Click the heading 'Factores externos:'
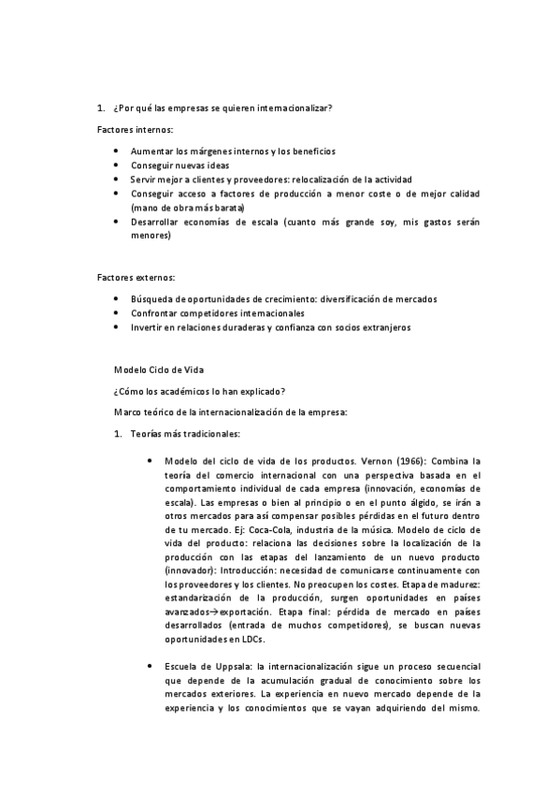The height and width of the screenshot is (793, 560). click(x=136, y=278)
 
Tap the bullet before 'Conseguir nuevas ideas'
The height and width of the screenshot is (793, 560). click(x=115, y=165)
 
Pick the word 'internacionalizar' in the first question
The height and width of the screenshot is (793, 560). click(x=295, y=108)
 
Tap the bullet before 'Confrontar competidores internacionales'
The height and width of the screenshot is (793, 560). click(x=115, y=313)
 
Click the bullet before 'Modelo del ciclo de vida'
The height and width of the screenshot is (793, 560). click(x=151, y=461)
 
